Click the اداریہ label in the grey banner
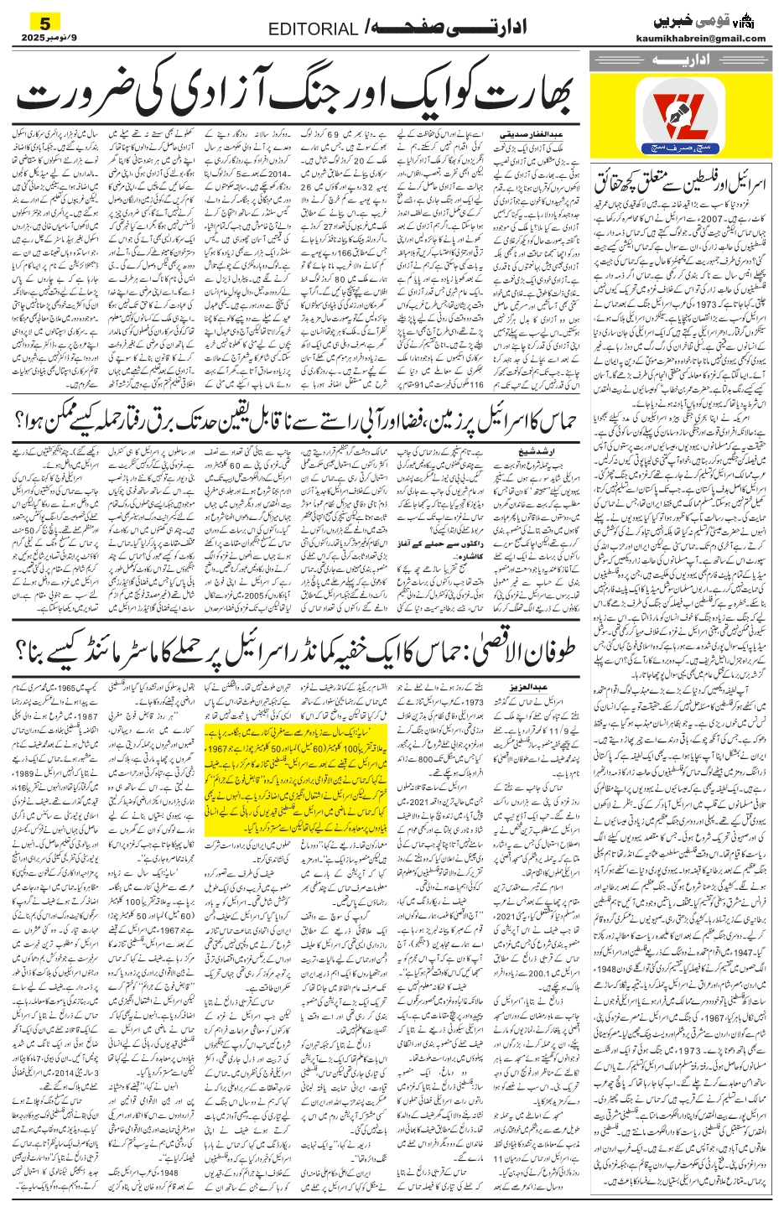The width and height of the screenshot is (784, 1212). point(679,60)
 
